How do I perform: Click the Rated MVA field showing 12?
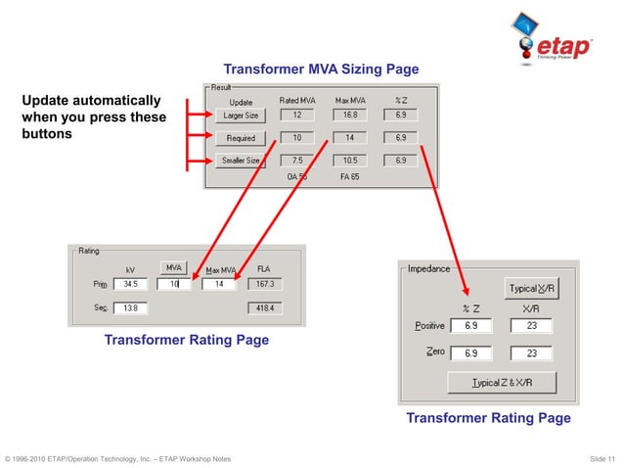pos(296,115)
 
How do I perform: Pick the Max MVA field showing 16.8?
pos(349,115)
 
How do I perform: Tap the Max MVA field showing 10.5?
pos(349,161)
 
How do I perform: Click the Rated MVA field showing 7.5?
pos(296,161)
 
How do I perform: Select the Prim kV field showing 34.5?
pos(129,284)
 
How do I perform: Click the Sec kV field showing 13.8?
pos(129,307)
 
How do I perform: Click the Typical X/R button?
pos(531,288)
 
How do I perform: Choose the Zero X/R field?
pos(531,352)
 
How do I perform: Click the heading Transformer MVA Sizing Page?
pos(321,70)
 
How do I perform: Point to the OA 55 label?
pos(297,177)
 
